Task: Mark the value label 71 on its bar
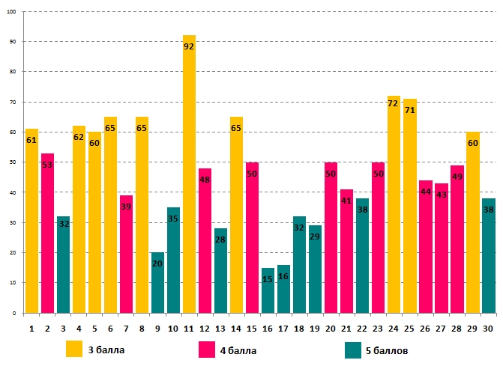click(x=410, y=110)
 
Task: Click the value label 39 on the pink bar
click(x=126, y=207)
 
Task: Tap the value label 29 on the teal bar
click(x=315, y=237)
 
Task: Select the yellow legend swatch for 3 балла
click(x=74, y=350)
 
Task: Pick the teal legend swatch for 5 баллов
click(x=354, y=350)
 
